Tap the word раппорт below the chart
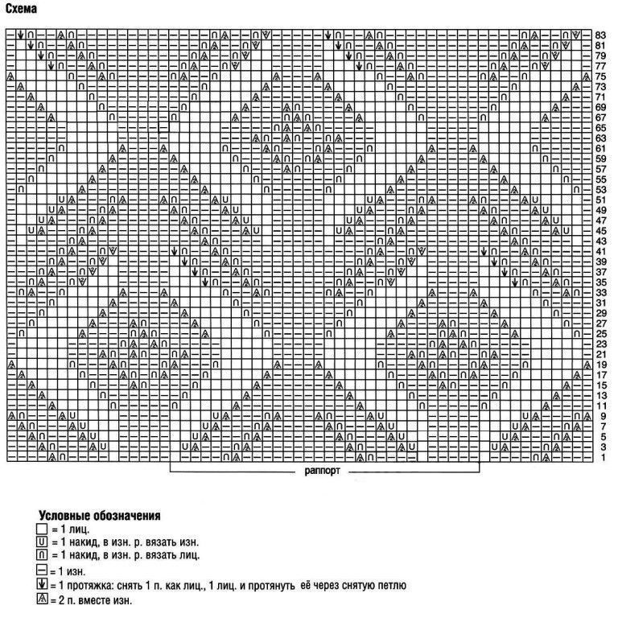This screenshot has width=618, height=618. (x=323, y=472)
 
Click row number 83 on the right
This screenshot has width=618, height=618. (x=600, y=35)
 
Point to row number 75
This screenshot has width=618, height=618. (x=600, y=76)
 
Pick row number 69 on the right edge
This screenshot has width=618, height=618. (x=600, y=107)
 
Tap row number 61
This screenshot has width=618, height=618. (x=600, y=148)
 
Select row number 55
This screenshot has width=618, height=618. (x=600, y=179)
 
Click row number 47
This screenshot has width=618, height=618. (x=600, y=220)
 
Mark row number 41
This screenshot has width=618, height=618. (x=600, y=251)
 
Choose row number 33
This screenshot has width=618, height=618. (x=600, y=292)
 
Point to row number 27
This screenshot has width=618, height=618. (x=600, y=323)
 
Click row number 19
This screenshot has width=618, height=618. (x=600, y=365)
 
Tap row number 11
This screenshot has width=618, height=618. (x=600, y=406)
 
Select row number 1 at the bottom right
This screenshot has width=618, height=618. (x=600, y=457)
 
